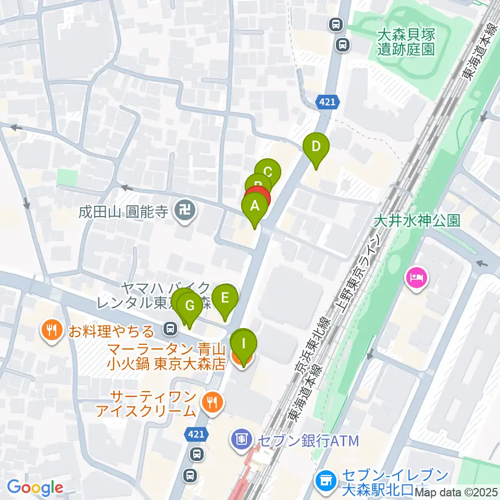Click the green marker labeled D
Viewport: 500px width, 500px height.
point(316,146)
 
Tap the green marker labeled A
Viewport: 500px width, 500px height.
point(255,206)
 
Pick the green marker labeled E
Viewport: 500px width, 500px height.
point(225,298)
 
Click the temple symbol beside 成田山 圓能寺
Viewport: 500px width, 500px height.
point(184,211)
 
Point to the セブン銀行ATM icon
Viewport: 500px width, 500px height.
point(241,440)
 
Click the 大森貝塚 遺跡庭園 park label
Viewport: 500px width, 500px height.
point(406,42)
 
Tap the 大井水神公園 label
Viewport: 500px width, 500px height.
point(417,221)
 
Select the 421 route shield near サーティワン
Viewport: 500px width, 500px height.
point(197,433)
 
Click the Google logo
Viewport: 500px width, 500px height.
point(35,488)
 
